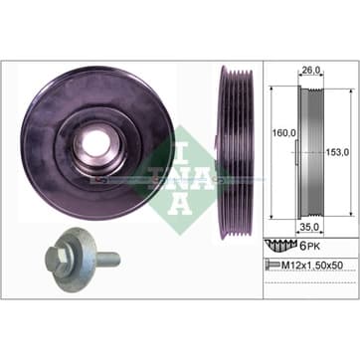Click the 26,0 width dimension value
(x=310, y=71)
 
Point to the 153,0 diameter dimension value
(x=336, y=152)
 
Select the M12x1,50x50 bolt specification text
(x=311, y=265)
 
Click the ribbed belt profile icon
(x=280, y=246)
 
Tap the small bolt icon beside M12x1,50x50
(x=271, y=265)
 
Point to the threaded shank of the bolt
(x=107, y=260)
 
